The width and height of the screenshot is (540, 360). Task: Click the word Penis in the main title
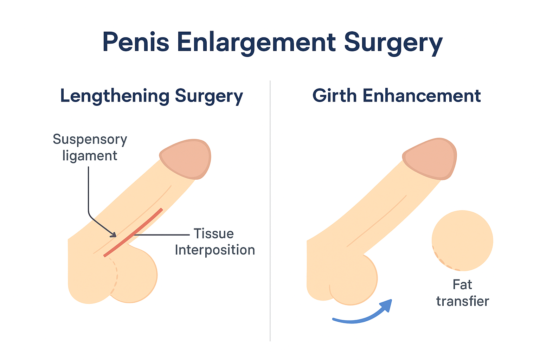point(136,42)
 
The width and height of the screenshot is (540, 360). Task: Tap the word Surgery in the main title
point(393,42)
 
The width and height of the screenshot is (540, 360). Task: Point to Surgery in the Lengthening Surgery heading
point(209,96)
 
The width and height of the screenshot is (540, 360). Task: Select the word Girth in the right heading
point(334,96)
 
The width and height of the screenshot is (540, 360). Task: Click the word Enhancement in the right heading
point(422,96)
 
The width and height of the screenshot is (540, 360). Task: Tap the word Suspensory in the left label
point(90,140)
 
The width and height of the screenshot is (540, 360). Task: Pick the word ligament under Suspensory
point(90,156)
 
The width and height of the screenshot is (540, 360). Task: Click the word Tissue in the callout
point(214,234)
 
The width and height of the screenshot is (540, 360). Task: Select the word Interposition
point(215,250)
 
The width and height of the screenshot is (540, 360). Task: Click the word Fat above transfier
point(462,284)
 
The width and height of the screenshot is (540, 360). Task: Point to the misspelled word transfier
point(463,301)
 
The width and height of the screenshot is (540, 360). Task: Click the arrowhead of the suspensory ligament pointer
point(113,234)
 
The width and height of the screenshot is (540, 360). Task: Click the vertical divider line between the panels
point(270,211)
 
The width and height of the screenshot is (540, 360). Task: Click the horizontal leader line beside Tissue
point(162,234)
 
